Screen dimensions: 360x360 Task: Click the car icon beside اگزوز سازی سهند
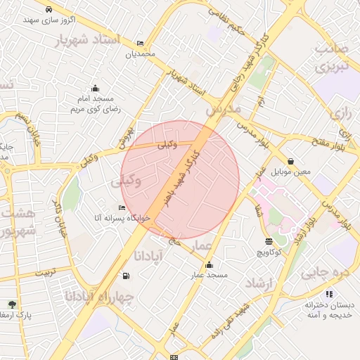(48, 10)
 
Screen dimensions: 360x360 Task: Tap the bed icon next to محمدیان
(140, 43)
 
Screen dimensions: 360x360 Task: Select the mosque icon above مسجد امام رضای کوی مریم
(95, 88)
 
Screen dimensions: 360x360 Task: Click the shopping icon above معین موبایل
(290, 161)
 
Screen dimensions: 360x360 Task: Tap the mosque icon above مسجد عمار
(209, 264)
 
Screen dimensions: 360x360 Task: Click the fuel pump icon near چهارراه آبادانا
(126, 276)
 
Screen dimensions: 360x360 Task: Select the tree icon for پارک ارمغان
(12, 304)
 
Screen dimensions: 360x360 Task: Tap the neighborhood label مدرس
(223, 110)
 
